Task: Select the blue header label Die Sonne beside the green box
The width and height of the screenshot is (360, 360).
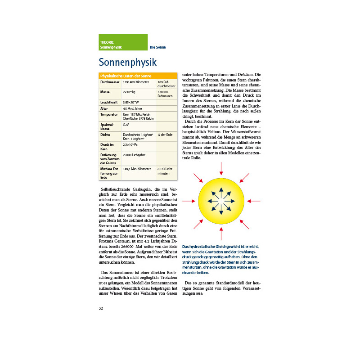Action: coord(157,47)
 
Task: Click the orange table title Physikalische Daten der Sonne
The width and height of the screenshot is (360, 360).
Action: coord(126,76)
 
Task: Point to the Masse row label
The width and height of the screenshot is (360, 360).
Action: coord(105,92)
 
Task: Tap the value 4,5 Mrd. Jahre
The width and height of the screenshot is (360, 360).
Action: coord(132,108)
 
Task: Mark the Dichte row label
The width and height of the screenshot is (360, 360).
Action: coord(106,134)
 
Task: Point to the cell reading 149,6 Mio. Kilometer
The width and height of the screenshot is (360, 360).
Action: coord(137,169)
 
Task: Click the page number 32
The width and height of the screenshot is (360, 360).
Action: coord(101,308)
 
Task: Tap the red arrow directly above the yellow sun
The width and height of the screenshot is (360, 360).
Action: coord(221,167)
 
